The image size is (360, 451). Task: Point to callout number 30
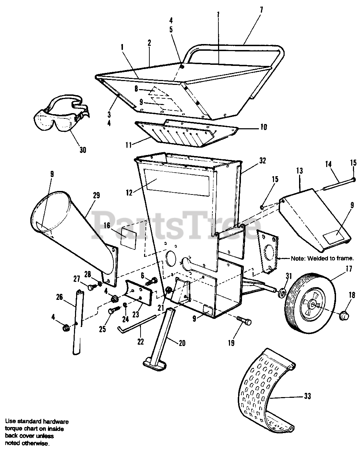point(82,150)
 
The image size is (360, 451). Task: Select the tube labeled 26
point(77,321)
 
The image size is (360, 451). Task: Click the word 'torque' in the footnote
point(14,429)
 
